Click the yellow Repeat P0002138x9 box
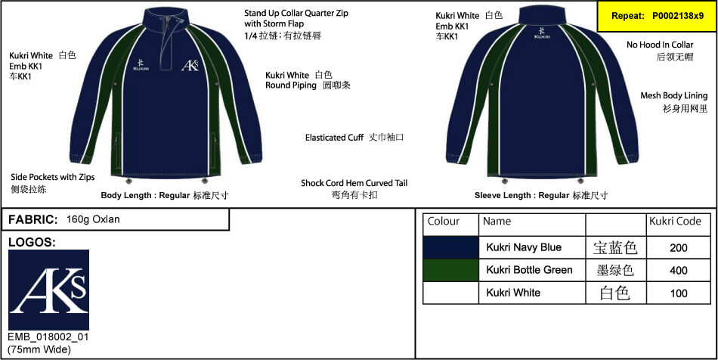point(657,16)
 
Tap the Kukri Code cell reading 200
point(678,248)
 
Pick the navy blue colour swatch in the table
point(450,248)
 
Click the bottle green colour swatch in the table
point(450,270)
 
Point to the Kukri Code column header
point(675,222)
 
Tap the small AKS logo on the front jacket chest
point(190,66)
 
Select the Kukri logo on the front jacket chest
point(140,65)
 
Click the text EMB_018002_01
point(48,337)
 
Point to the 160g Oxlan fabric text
point(93,219)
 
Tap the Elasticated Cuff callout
point(354,138)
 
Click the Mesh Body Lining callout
point(673,101)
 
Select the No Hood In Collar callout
point(660,51)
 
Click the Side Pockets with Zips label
point(53,182)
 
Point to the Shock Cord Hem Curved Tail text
point(354,189)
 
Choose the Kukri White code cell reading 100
point(678,293)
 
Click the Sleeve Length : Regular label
point(541,196)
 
